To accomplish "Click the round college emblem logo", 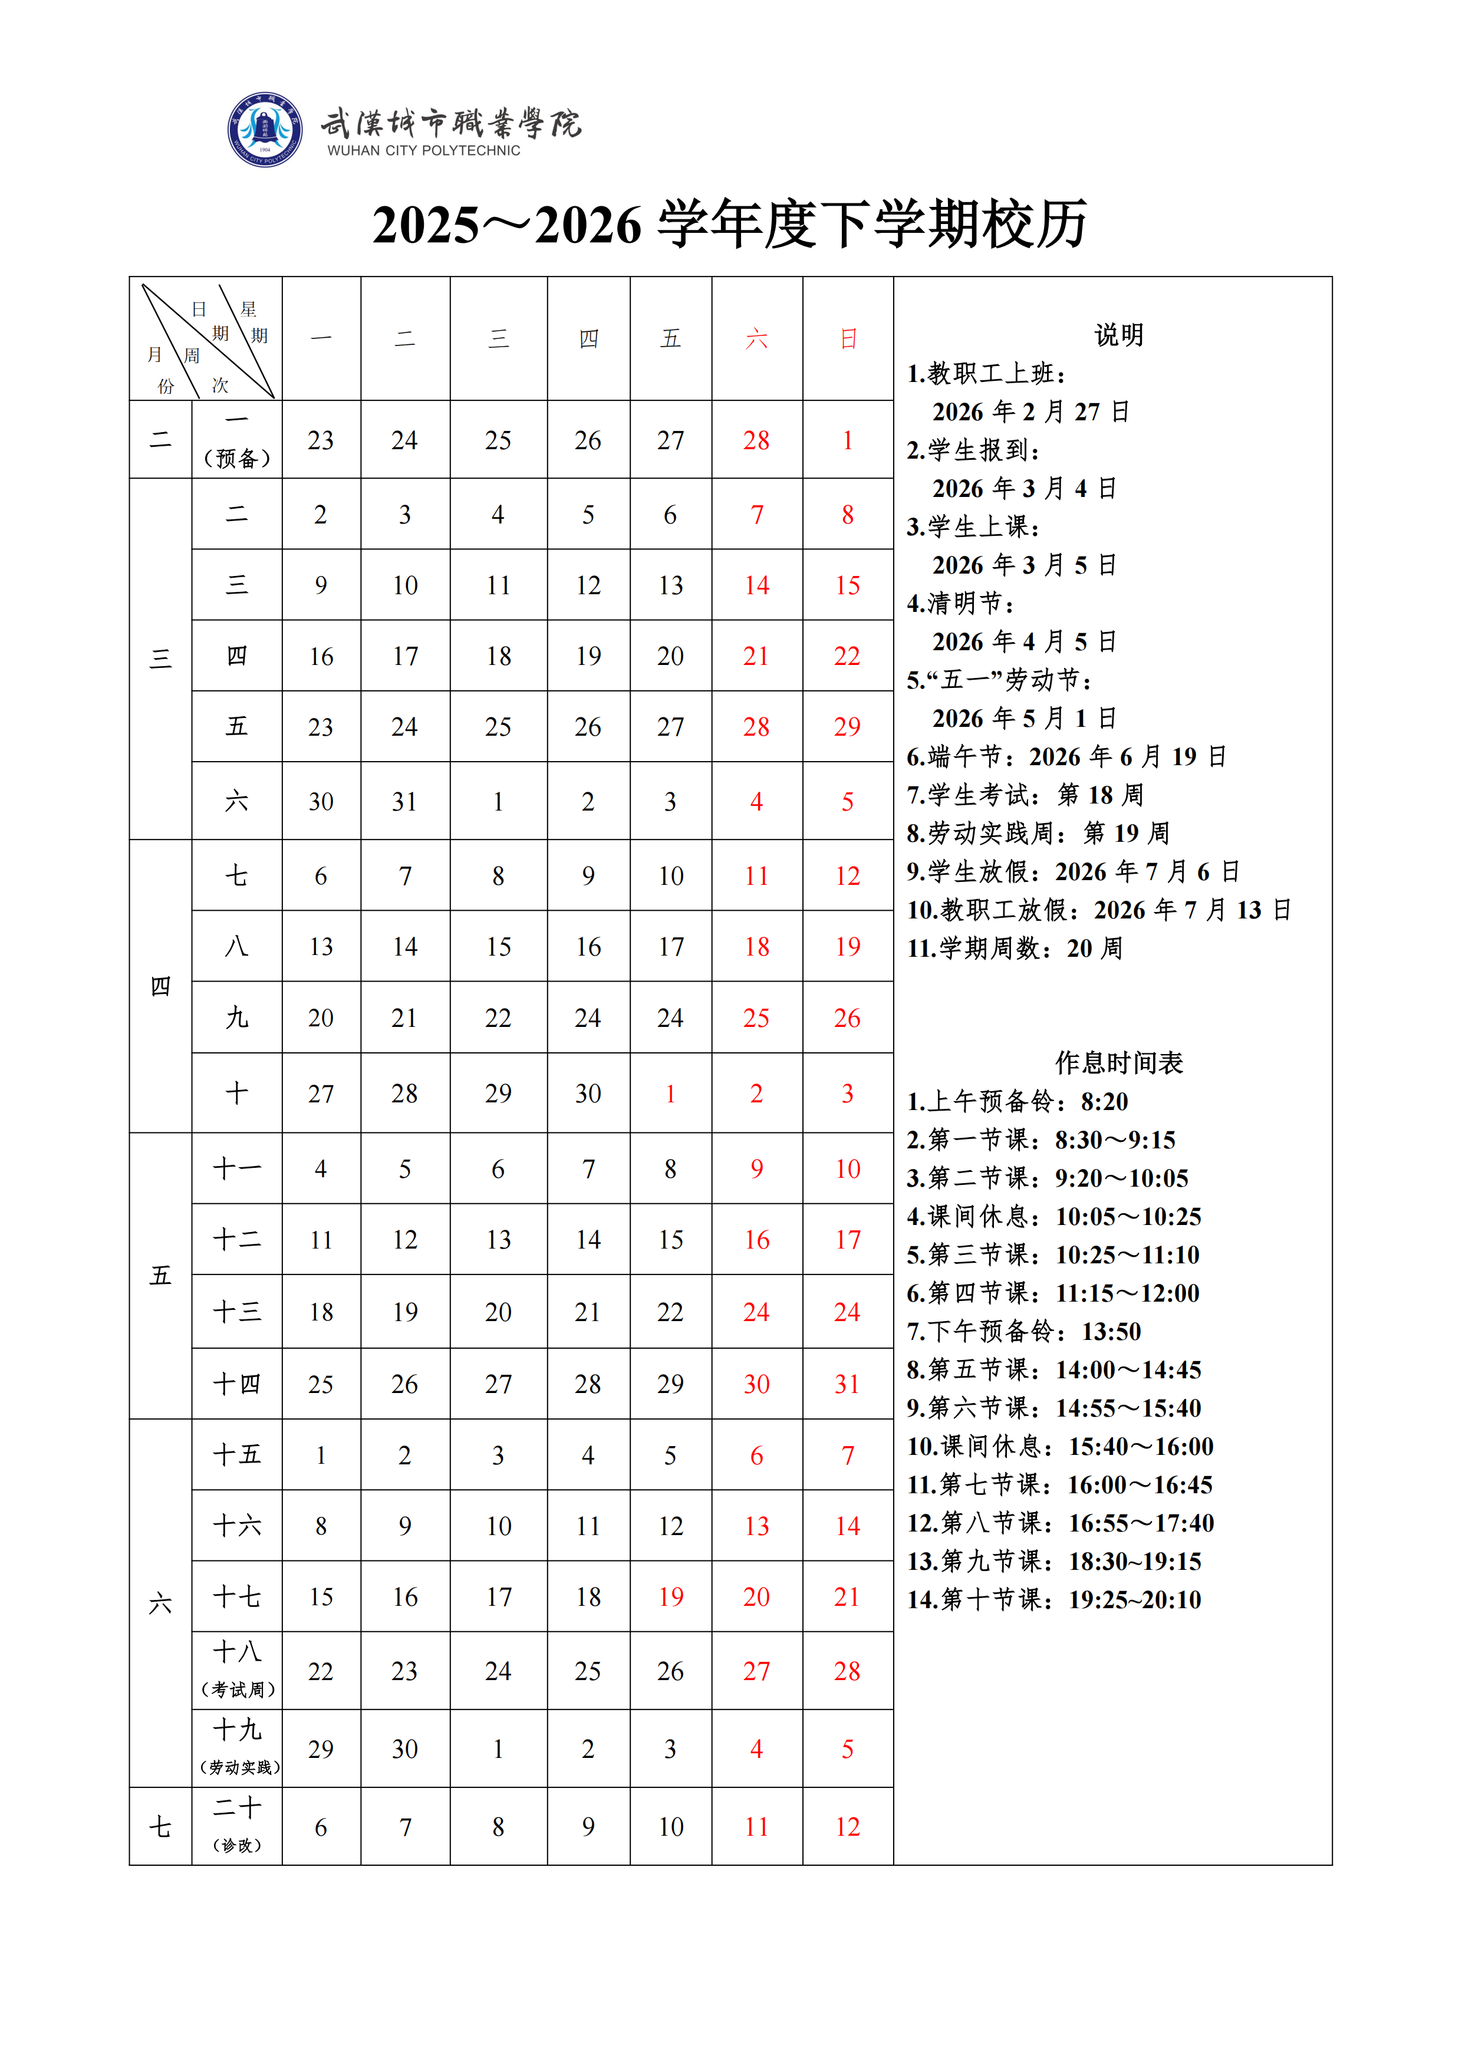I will [x=265, y=130].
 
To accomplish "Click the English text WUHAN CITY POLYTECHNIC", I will [x=423, y=150].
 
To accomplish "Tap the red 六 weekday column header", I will [x=757, y=338].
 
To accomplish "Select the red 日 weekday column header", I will [x=848, y=338].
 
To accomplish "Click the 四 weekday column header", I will [x=588, y=338].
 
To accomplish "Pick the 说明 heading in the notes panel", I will [x=1119, y=335].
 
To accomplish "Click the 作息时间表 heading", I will [x=1119, y=1063].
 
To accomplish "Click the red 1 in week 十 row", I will [x=670, y=1094].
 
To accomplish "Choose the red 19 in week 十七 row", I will [x=670, y=1597].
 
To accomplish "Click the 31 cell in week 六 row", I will [x=404, y=802].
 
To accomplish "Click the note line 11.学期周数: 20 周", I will [x=1015, y=949].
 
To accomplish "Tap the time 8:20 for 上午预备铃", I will [x=1104, y=1102].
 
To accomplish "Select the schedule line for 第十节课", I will [x=1054, y=1600].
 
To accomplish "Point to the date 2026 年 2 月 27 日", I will [x=1030, y=411].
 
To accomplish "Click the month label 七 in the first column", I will [x=160, y=1827].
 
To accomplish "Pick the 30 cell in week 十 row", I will [x=588, y=1094].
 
